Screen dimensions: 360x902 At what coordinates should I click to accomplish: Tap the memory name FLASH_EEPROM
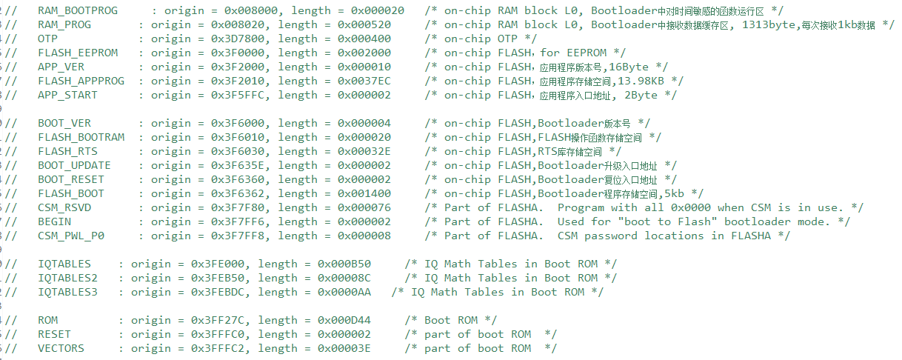tap(77, 53)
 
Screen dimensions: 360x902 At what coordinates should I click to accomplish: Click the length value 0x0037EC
tap(346, 81)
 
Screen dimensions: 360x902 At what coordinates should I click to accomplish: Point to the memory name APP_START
tap(67, 95)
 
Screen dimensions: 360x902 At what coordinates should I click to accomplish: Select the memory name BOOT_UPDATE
tap(74, 165)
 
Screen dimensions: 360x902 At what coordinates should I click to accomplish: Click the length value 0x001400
tap(346, 193)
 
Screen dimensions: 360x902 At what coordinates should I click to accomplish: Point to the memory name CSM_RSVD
tap(64, 207)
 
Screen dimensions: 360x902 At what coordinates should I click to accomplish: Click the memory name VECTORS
tap(61, 348)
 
